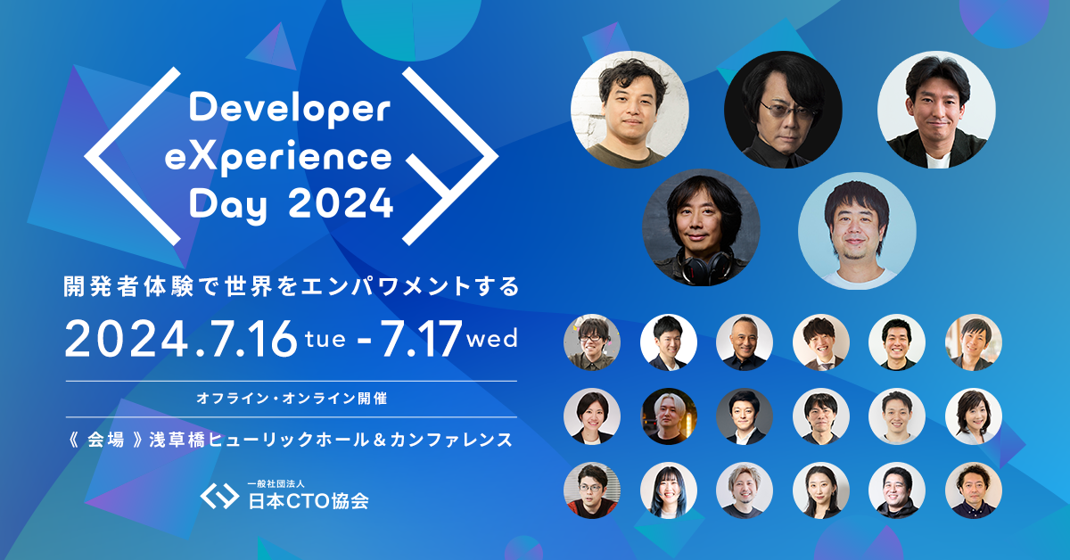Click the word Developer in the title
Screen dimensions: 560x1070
(291, 110)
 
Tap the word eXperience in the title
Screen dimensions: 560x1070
(291, 158)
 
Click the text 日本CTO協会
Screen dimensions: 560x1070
(308, 500)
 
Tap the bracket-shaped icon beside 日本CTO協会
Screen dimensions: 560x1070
(218, 496)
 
